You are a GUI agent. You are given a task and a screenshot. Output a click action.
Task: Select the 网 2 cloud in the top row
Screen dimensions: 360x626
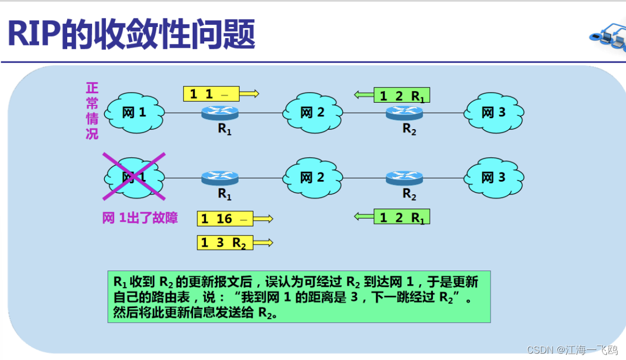[x=312, y=112]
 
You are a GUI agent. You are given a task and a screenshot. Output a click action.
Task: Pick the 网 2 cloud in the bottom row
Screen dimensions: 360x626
[x=312, y=178]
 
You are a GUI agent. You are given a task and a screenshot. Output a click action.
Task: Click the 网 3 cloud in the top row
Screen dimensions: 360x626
[x=494, y=112]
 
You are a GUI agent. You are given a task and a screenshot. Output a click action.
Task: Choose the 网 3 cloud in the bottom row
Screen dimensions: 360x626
[x=494, y=178]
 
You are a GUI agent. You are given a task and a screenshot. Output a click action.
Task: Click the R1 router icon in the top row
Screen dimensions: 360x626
[x=220, y=113]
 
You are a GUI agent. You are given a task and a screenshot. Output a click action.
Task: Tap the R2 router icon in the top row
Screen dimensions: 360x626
[x=404, y=113]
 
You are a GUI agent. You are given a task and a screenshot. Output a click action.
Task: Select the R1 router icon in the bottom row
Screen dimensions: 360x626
[x=220, y=178]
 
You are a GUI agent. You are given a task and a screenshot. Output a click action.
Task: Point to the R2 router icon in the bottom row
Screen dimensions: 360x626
[x=404, y=178]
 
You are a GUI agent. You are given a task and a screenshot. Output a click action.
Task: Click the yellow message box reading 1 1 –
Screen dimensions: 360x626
[x=211, y=94]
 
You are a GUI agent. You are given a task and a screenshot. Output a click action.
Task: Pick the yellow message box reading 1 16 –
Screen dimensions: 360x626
[x=225, y=219]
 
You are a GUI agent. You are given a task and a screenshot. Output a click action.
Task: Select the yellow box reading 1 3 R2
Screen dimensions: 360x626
[x=225, y=243]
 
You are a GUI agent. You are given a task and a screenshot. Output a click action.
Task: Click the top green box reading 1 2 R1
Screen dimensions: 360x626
[x=402, y=95]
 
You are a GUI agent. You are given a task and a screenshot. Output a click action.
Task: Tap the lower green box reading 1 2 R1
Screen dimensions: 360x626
[x=402, y=217]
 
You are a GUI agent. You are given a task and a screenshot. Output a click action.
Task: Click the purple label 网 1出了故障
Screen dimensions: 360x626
[x=140, y=218]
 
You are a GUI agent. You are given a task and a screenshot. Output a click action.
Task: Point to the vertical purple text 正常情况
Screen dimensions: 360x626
[x=92, y=111]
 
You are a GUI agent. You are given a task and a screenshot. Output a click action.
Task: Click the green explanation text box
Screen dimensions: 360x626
[x=299, y=296]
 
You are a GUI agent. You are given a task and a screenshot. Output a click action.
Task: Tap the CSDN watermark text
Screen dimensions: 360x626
[x=572, y=350]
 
